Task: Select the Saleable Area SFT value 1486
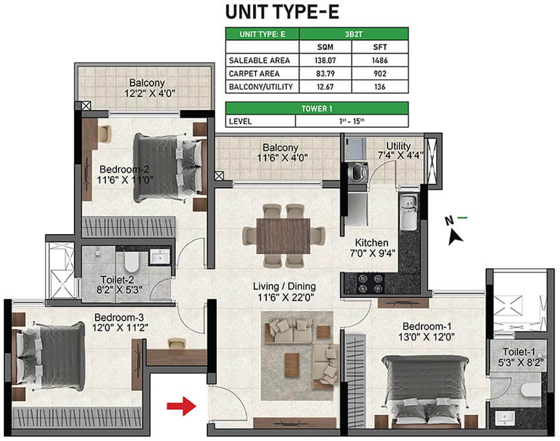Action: [x=379, y=61]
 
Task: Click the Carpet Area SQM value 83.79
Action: [x=325, y=74]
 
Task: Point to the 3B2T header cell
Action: [x=354, y=34]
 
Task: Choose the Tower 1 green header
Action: [x=317, y=109]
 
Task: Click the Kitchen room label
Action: [x=372, y=243]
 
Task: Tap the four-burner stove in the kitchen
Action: [x=371, y=283]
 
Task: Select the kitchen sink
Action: [x=408, y=213]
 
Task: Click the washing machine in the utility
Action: [x=358, y=172]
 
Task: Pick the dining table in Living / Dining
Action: [x=283, y=236]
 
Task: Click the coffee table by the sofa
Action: [x=292, y=365]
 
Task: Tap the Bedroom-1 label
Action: [x=427, y=326]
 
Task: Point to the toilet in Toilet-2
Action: [x=131, y=262]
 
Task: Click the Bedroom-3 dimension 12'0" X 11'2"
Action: [x=120, y=328]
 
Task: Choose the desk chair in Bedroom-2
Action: [x=105, y=134]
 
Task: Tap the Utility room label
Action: [x=398, y=146]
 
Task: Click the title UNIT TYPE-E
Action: [x=282, y=11]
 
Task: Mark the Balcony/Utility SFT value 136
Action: [x=379, y=86]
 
